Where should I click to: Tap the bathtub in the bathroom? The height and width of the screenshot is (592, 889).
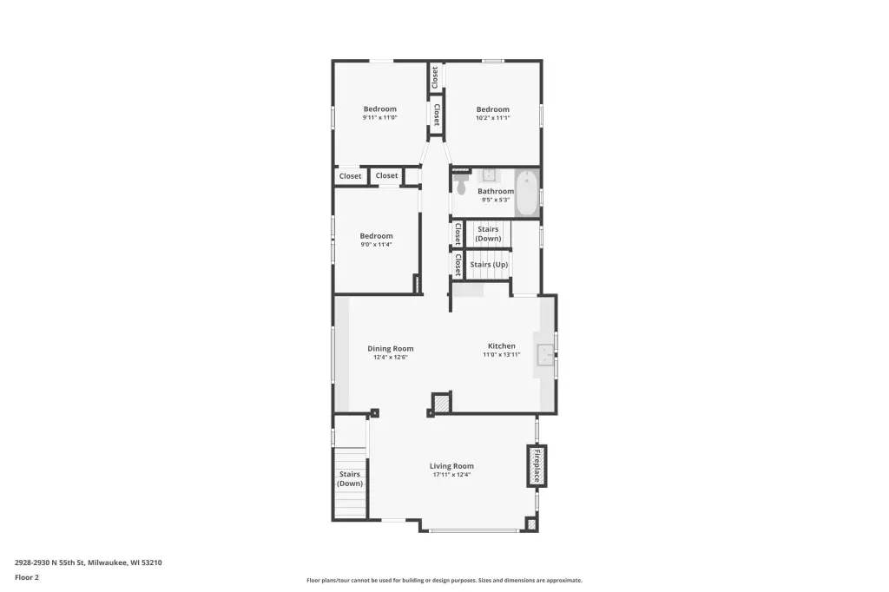pyautogui.click(x=527, y=194)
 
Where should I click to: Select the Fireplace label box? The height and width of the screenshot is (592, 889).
pyautogui.click(x=537, y=465)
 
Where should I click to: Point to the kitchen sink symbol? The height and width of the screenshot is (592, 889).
pyautogui.click(x=545, y=355)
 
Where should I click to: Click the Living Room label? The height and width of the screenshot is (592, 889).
pyautogui.click(x=451, y=466)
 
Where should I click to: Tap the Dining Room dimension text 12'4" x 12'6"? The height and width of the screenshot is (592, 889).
pyautogui.click(x=390, y=358)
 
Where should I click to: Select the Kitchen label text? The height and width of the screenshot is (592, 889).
pyautogui.click(x=502, y=345)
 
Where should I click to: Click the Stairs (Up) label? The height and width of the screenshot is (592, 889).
pyautogui.click(x=489, y=264)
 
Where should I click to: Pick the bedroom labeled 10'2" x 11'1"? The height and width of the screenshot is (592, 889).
pyautogui.click(x=493, y=113)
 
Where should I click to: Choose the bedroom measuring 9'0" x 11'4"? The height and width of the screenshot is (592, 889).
pyautogui.click(x=376, y=240)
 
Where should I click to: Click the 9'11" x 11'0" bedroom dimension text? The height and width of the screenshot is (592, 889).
pyautogui.click(x=380, y=118)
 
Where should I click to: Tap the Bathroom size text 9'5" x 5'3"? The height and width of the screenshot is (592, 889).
pyautogui.click(x=496, y=200)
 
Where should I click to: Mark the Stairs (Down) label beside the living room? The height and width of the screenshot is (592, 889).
pyautogui.click(x=350, y=478)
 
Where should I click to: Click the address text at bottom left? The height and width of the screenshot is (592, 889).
pyautogui.click(x=89, y=562)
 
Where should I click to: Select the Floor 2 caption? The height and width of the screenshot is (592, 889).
pyautogui.click(x=27, y=577)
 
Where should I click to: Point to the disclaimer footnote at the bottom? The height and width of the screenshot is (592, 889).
pyautogui.click(x=444, y=580)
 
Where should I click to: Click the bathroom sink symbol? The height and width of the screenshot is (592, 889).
pyautogui.click(x=489, y=174)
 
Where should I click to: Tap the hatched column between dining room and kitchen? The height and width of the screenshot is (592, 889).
pyautogui.click(x=440, y=403)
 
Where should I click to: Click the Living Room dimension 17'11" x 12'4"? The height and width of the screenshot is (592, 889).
pyautogui.click(x=451, y=475)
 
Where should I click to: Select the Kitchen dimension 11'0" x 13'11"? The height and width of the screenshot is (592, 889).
pyautogui.click(x=502, y=354)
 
